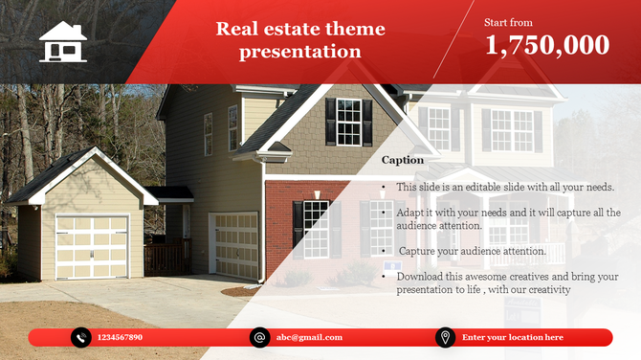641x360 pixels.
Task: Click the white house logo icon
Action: click(63, 41)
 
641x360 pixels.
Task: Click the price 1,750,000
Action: click(546, 45)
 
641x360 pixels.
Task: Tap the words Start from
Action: click(508, 21)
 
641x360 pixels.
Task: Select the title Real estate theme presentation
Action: click(300, 39)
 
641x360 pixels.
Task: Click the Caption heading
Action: click(402, 160)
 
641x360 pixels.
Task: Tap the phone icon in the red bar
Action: click(81, 337)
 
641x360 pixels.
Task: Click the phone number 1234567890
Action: click(122, 337)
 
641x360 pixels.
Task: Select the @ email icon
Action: click(259, 337)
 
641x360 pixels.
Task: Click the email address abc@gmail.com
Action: click(309, 337)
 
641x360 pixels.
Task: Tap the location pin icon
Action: click(445, 337)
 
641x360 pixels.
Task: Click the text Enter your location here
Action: click(512, 337)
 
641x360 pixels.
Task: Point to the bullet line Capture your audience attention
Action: click(472, 251)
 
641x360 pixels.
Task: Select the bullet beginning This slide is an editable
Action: click(504, 188)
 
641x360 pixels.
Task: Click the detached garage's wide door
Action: click(92, 246)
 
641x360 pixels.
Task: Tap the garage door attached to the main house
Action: click(235, 245)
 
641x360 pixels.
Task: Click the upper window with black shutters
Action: click(350, 122)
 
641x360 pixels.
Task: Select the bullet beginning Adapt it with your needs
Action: click(507, 218)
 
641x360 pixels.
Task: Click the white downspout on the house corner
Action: click(264, 230)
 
